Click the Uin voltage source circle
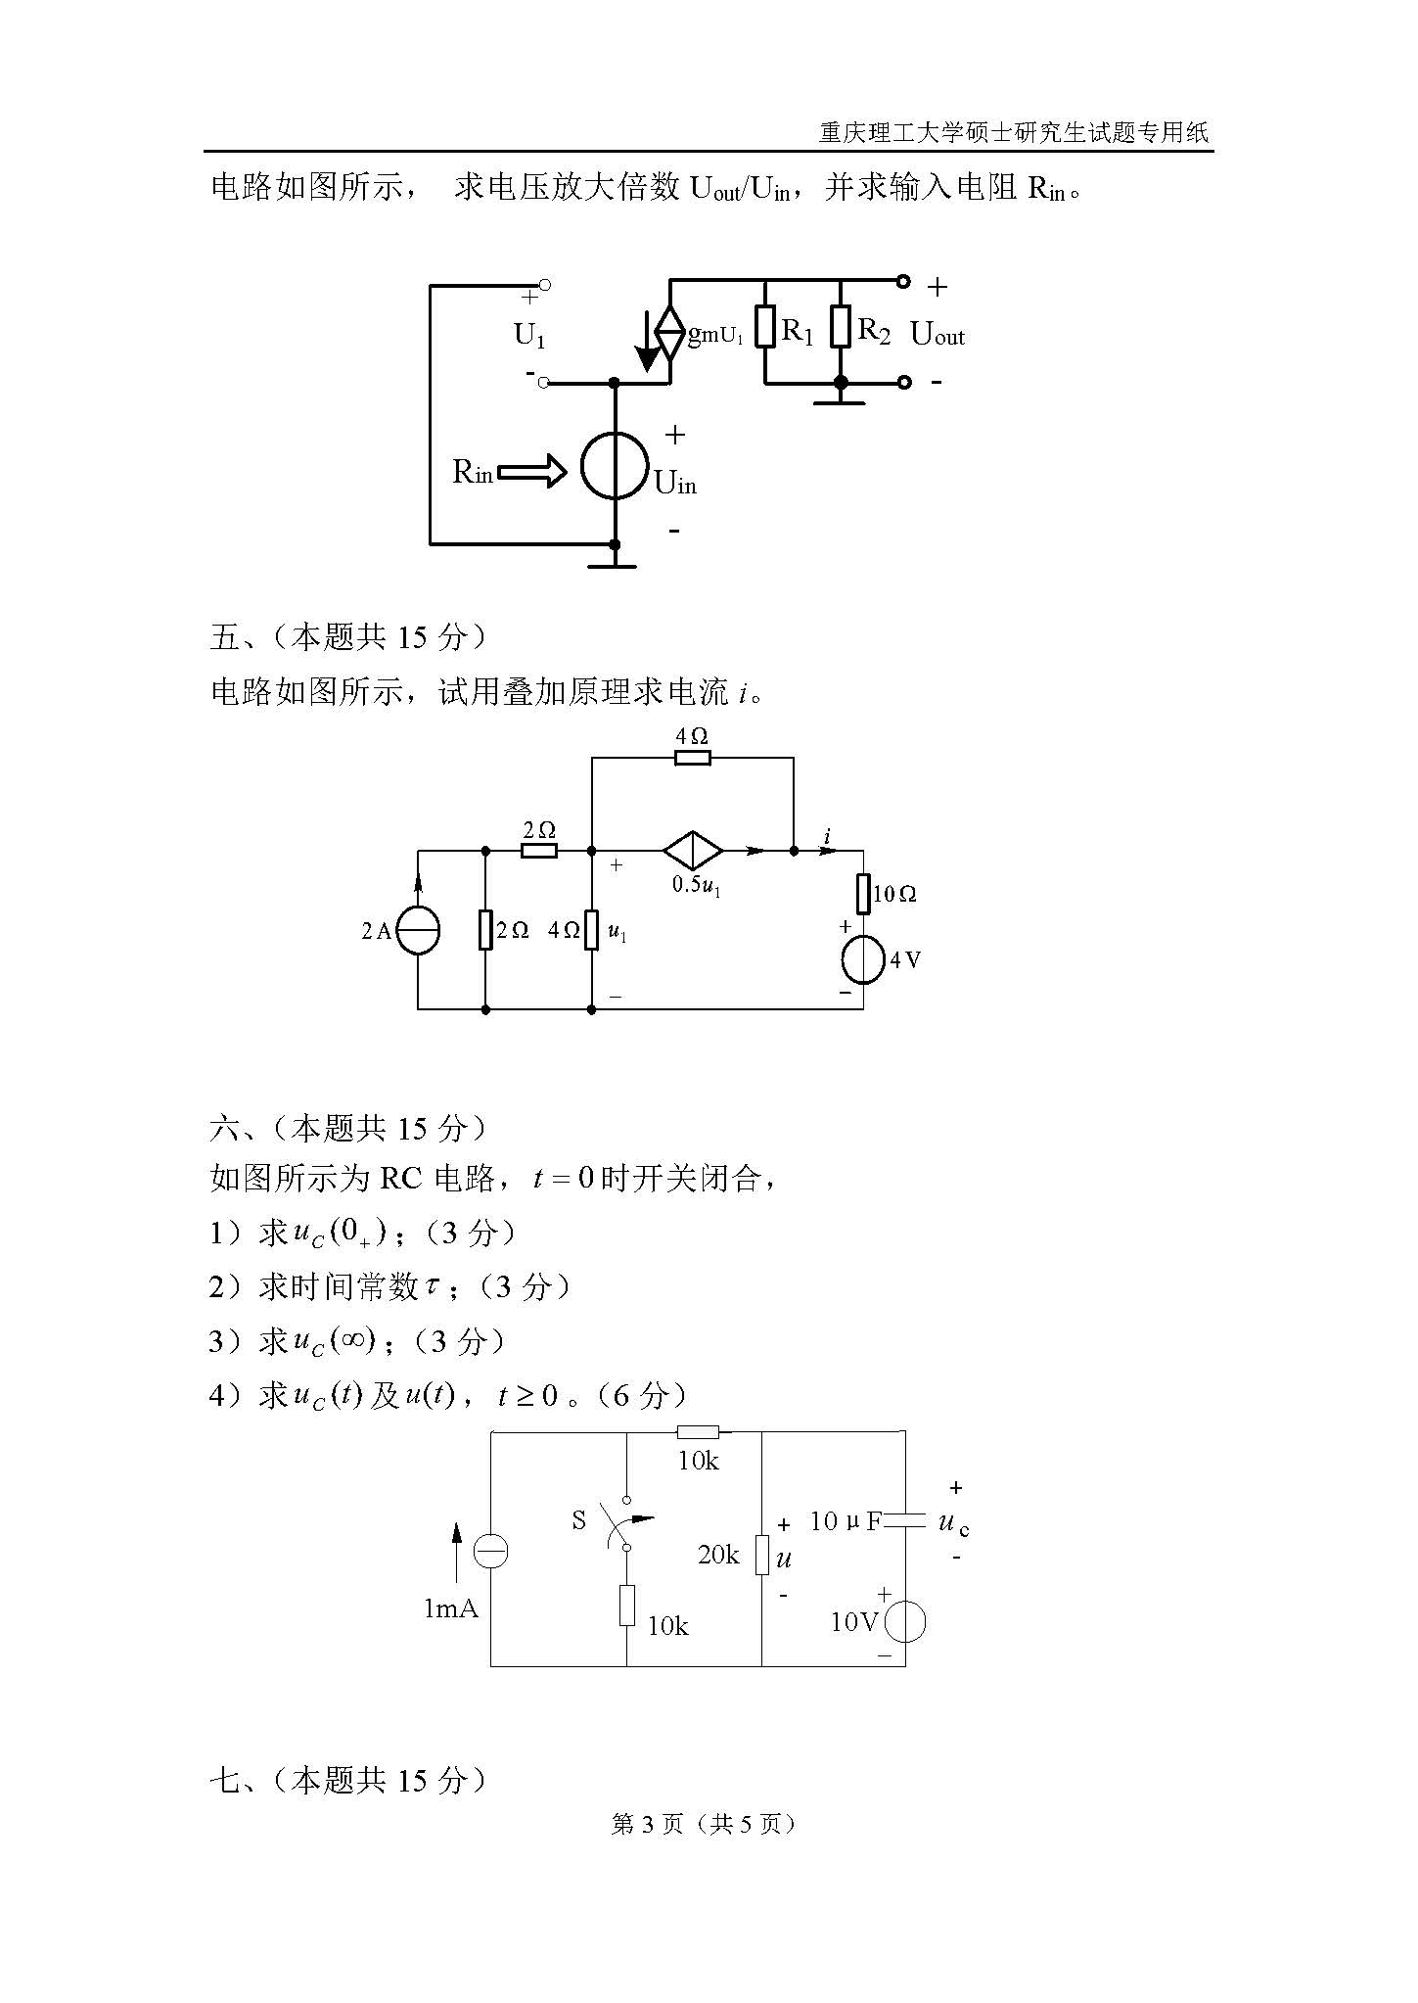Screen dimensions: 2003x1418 click(615, 466)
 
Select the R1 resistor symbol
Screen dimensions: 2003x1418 click(765, 327)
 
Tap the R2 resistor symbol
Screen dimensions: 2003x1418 click(841, 327)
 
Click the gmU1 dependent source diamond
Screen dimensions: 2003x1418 click(670, 333)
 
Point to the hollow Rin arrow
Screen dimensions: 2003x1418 click(532, 473)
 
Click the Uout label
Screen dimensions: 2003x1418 click(937, 334)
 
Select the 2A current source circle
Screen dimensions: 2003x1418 click(418, 930)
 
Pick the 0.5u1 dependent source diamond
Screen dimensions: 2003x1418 click(693, 851)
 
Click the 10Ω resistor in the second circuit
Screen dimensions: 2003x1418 click(863, 894)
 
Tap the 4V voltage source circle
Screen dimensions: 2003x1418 click(863, 960)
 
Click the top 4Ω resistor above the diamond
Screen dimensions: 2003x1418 click(693, 757)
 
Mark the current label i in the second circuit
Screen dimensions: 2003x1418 click(828, 836)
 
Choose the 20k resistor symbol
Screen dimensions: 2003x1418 click(761, 1554)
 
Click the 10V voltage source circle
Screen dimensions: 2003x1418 click(905, 1623)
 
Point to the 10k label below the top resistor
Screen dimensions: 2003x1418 click(698, 1461)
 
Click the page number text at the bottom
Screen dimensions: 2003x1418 click(703, 1824)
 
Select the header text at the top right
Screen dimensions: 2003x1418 click(1013, 132)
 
